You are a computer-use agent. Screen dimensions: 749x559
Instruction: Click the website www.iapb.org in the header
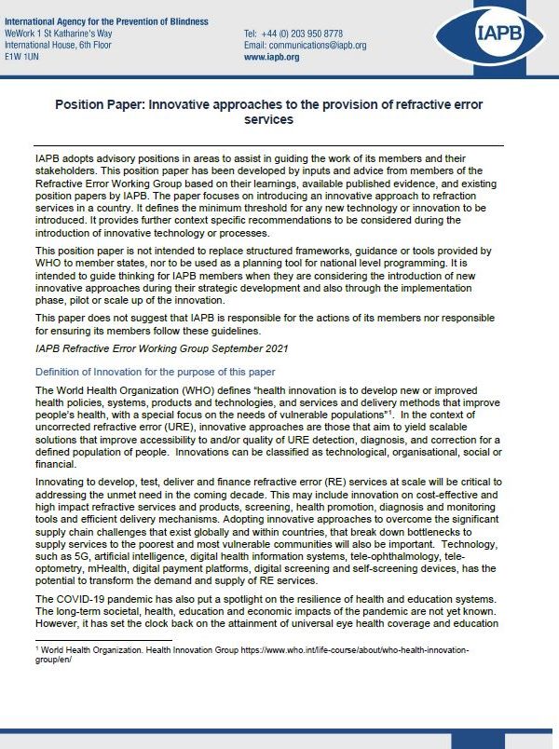tap(271, 57)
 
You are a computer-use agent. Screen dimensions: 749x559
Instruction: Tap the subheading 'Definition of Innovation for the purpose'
tap(153, 372)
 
